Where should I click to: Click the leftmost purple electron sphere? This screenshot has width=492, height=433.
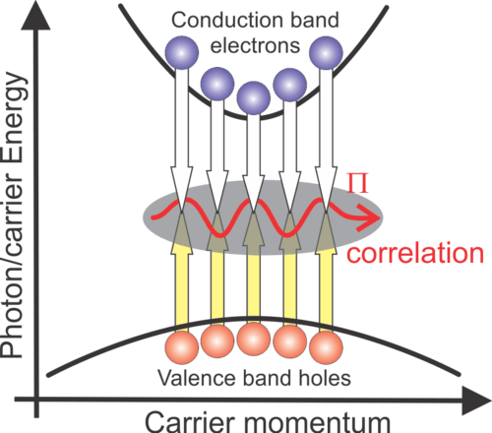[x=182, y=52]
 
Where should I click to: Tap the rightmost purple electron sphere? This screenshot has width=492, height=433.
[x=326, y=53]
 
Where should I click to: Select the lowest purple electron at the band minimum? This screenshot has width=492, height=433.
[x=254, y=98]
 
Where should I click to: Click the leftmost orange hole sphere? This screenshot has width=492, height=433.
[x=182, y=347]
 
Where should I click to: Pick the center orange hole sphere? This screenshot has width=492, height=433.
[x=254, y=340]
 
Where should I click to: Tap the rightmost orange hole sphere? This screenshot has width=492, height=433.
[x=326, y=347]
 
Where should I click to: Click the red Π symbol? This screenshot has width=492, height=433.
[x=358, y=183]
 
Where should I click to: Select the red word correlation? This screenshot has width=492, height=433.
[x=415, y=253]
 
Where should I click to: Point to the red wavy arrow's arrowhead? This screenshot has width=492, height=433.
[x=370, y=217]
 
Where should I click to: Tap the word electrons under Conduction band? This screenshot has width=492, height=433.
[x=255, y=45]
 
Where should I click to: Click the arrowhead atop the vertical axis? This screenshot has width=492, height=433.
[x=35, y=17]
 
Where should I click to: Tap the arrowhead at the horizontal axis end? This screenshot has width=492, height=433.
[x=476, y=401]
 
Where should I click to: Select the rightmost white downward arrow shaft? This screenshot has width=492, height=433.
[x=326, y=119]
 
